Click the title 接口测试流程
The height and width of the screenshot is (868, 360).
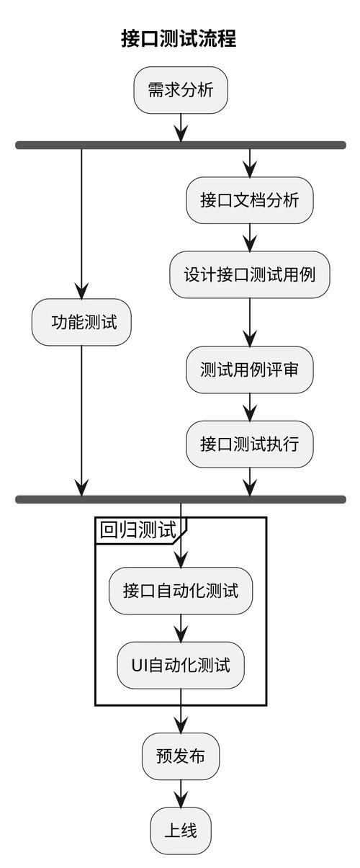[179, 38]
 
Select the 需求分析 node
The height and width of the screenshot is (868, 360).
[180, 90]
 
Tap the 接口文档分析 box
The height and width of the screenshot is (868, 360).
[249, 200]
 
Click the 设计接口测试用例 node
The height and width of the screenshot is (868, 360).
[249, 274]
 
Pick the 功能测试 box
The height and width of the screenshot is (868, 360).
[81, 322]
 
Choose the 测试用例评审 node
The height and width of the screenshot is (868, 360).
[249, 370]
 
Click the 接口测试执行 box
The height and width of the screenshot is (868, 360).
[249, 444]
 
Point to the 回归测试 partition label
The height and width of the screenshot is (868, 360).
[138, 530]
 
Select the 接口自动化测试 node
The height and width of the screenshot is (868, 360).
[180, 591]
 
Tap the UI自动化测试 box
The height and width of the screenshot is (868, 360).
[180, 665]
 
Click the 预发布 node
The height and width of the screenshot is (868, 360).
[180, 756]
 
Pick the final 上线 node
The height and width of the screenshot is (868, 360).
[180, 831]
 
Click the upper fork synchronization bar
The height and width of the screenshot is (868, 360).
[180, 145]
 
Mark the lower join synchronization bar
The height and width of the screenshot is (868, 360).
[180, 499]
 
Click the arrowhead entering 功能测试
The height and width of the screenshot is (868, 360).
[81, 290]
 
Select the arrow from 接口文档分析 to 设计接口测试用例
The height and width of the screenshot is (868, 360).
[249, 237]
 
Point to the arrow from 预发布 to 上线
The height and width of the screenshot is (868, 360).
[180, 793]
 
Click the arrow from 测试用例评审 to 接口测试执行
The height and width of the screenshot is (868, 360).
[249, 407]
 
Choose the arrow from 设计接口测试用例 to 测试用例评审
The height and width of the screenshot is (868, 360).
[249, 322]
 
